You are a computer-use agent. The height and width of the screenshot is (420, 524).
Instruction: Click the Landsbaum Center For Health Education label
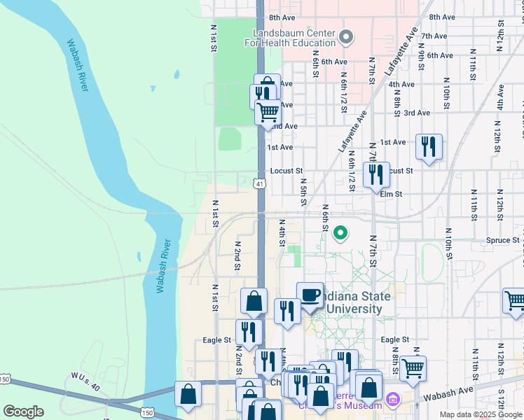point(291,38)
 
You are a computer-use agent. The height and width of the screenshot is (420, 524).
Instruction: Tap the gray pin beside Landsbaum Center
point(346,36)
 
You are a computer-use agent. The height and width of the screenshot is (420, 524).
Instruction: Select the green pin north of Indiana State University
point(340,232)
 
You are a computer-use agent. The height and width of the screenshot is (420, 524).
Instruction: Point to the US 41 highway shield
point(260,183)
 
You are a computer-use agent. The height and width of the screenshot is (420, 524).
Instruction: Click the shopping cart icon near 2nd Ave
point(268,111)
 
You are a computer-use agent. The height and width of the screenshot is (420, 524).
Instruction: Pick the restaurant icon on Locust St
point(376,174)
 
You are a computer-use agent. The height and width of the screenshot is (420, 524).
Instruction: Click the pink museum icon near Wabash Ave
point(392,400)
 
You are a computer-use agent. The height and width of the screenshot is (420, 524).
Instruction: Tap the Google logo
point(23,412)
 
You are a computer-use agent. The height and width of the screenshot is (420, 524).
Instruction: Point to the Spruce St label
point(502,240)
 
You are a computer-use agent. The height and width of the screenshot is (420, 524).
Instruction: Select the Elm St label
point(391,194)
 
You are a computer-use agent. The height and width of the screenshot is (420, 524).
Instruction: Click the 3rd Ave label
point(417,113)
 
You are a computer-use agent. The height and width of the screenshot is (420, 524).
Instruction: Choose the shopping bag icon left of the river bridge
point(189,393)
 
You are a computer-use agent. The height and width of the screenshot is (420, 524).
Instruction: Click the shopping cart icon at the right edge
point(515,300)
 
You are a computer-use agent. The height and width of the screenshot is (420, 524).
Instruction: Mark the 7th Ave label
point(434,36)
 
